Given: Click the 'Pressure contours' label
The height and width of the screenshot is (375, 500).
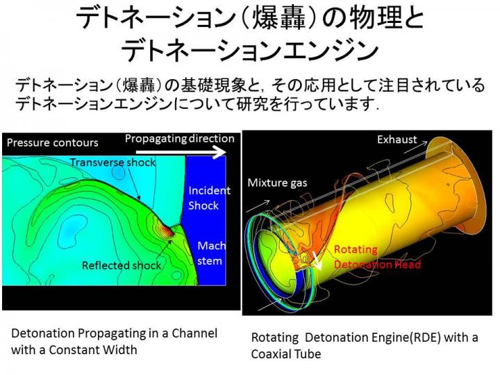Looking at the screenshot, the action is click(53, 142).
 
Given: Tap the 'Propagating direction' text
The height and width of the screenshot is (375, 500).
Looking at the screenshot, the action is click(180, 139).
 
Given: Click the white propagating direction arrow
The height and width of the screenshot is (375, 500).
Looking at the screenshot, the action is click(181, 152).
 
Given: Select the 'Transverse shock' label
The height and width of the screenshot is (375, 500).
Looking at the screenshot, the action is click(113, 162).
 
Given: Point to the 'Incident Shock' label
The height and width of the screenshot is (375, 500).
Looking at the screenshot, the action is click(209, 198).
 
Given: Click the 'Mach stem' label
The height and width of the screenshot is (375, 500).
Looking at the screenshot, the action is click(211, 253).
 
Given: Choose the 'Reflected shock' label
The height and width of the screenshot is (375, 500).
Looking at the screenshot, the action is click(122, 265).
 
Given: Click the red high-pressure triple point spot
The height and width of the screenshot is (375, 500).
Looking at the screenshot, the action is click(168, 231).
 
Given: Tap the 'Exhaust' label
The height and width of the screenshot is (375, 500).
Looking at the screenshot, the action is click(397, 140).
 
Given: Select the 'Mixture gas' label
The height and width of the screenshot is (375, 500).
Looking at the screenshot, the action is click(277, 183).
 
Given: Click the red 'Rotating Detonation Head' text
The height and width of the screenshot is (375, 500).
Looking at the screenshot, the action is click(377, 257).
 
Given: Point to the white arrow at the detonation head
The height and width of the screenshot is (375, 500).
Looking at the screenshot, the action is click(317, 260).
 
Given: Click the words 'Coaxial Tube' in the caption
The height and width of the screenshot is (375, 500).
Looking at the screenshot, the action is click(286, 354).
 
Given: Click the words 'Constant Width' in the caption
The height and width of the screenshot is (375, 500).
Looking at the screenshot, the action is click(93, 350).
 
